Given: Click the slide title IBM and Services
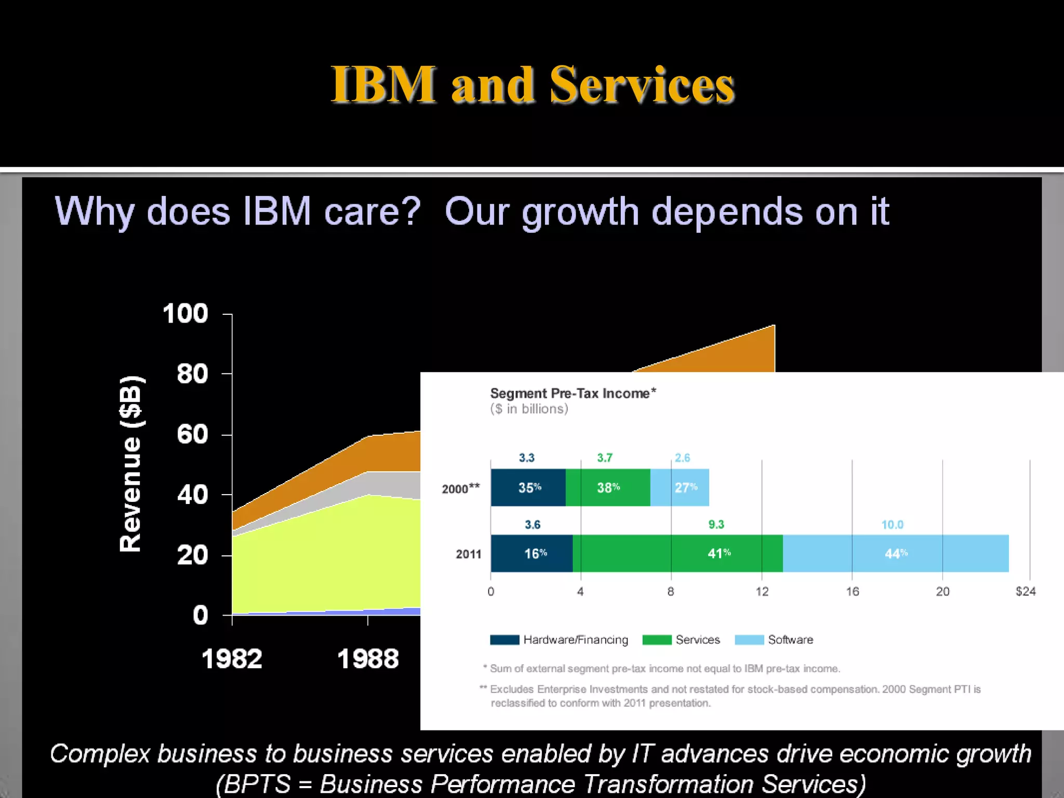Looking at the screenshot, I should pos(532,85).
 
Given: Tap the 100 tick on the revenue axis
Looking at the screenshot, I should pos(185,314).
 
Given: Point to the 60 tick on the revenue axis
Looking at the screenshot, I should pos(193,434).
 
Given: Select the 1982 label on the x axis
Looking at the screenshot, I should pos(232,659).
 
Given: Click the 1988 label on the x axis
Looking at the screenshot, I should pos(368,659).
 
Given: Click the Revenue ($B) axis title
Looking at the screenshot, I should pos(130,463).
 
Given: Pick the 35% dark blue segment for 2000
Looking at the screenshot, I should pos(528,487).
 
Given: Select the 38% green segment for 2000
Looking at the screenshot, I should pos(608,487).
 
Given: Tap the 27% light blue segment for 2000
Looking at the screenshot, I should pos(685,487).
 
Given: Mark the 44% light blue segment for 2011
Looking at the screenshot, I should pos(896,553).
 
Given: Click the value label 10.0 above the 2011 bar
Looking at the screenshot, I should pos(892,525).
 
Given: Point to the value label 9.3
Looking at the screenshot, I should pos(716,525).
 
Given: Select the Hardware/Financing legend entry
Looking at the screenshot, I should pos(559,640).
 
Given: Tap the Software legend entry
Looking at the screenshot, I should pos(774,640).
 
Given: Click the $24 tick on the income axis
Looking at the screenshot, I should pos(1026,591).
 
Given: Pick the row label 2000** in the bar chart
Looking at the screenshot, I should pos(460,488).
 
